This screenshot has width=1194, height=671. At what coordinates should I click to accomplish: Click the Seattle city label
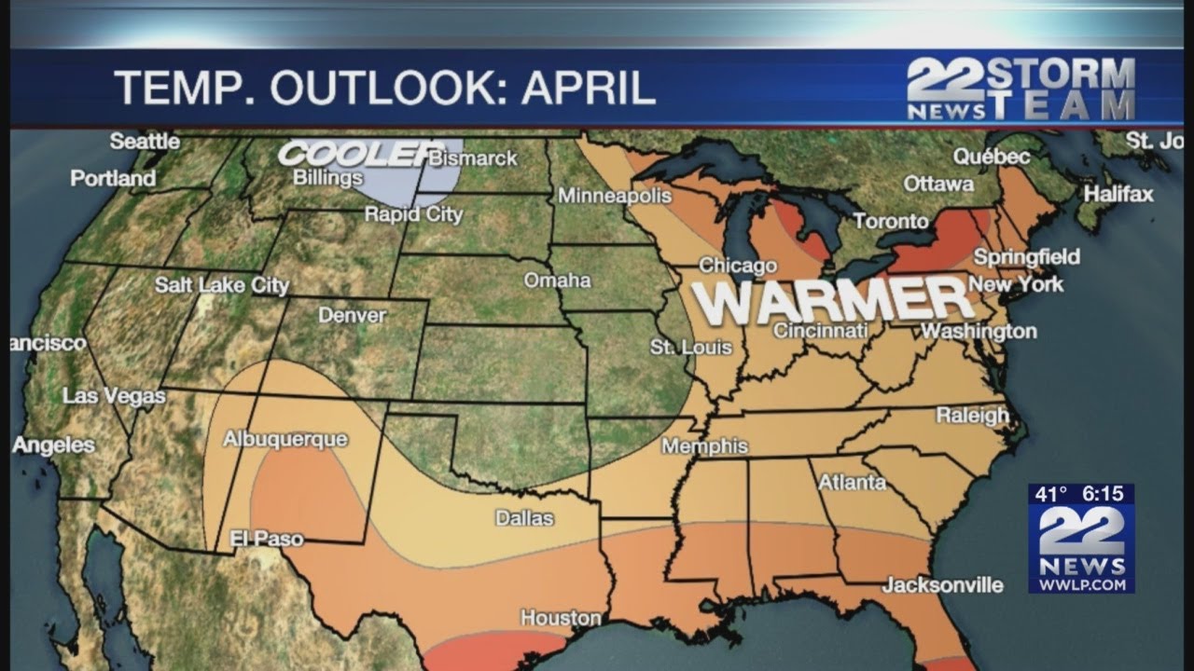(x=145, y=142)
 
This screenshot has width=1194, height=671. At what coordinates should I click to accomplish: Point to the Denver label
(x=352, y=315)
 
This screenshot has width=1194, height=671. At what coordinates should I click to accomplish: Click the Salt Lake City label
(x=222, y=285)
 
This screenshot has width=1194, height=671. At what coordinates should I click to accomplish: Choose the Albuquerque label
(x=285, y=439)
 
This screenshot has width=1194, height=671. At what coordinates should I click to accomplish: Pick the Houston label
(x=560, y=618)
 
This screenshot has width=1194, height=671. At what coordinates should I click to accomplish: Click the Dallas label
(x=524, y=518)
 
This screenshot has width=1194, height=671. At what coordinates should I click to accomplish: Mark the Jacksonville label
(x=943, y=585)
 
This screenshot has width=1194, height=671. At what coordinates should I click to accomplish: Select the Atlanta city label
(x=852, y=482)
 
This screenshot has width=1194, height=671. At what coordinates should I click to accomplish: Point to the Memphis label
(x=704, y=446)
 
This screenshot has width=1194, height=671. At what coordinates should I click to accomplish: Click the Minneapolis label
(x=615, y=196)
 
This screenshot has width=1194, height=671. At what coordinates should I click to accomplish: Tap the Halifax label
(x=1118, y=194)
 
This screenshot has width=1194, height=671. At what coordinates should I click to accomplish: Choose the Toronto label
(x=891, y=221)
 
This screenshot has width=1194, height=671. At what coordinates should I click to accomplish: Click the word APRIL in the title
(x=588, y=88)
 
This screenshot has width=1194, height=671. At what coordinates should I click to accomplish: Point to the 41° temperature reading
(x=1049, y=495)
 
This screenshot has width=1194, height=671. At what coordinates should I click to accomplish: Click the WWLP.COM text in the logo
(x=1081, y=584)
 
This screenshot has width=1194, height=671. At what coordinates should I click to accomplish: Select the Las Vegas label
(x=114, y=396)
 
